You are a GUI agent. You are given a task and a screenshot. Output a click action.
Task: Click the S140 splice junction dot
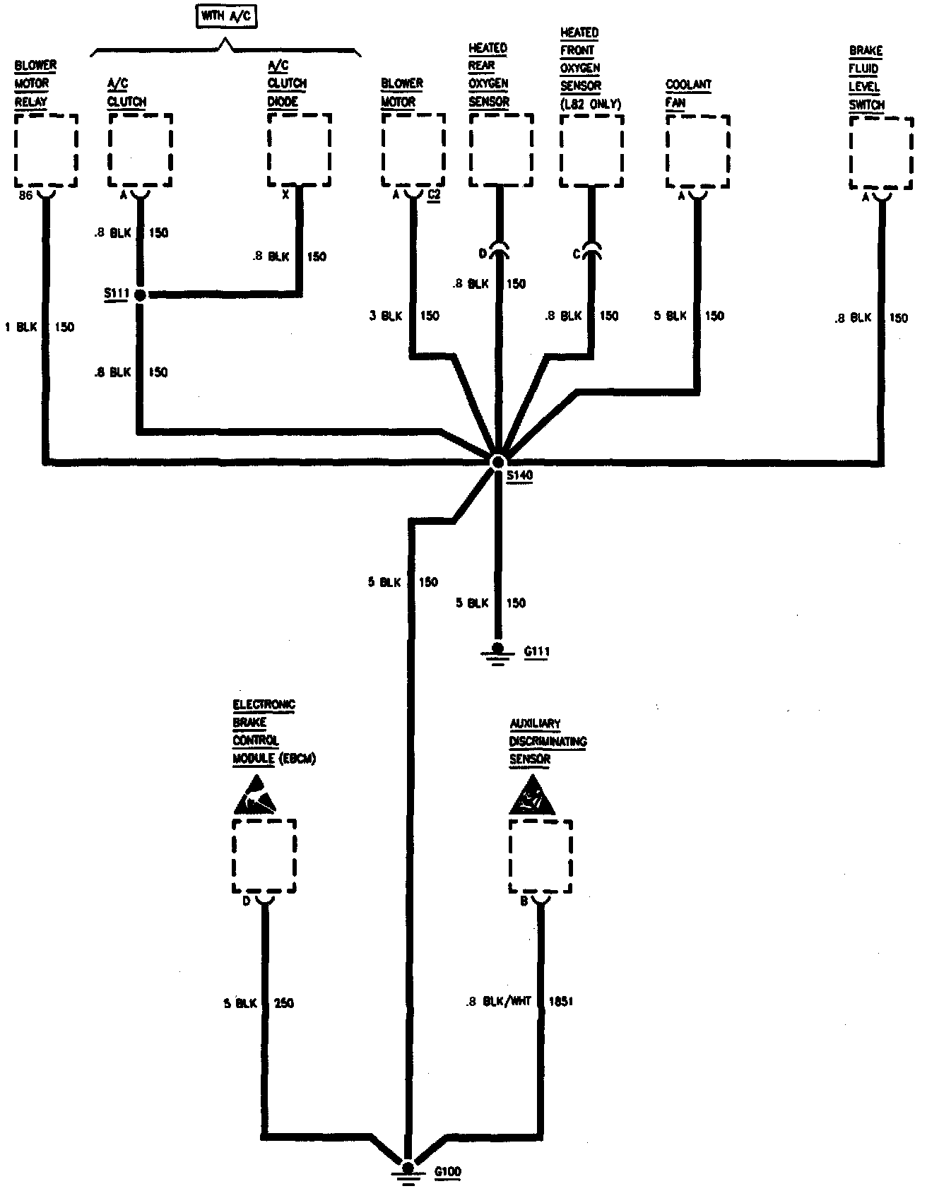point(497,461)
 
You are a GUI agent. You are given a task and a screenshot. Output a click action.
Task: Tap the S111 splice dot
point(140,295)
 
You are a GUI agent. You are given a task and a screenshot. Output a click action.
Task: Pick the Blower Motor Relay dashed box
point(46,150)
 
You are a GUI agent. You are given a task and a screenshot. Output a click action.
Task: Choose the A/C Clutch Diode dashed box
point(300,150)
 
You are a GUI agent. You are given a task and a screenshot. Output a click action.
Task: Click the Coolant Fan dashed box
point(697,153)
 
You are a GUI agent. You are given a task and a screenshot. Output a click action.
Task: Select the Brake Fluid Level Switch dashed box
point(880,153)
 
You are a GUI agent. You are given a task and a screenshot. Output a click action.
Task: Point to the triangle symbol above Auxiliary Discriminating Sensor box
point(531,795)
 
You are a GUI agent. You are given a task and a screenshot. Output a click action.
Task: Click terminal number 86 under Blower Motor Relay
point(25,196)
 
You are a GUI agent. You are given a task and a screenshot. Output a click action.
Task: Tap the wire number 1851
point(560,1002)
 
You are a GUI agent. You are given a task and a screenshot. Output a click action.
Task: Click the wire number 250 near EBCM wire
point(283,1003)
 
